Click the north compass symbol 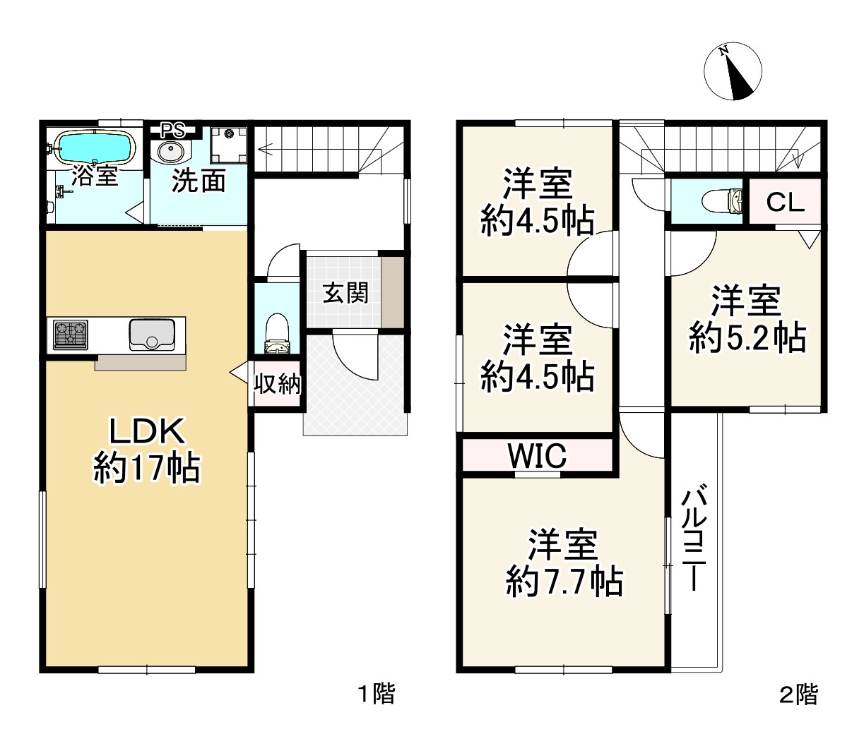coord(733,71)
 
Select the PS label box coord(173,131)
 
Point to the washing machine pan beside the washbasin coord(228,145)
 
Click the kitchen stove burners coord(70,335)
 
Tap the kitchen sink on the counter coord(152,335)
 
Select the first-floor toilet coord(277,334)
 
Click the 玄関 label coord(345,292)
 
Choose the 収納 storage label coord(277,384)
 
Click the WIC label coord(538,455)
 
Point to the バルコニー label coord(694,537)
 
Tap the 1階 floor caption coord(377,695)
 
